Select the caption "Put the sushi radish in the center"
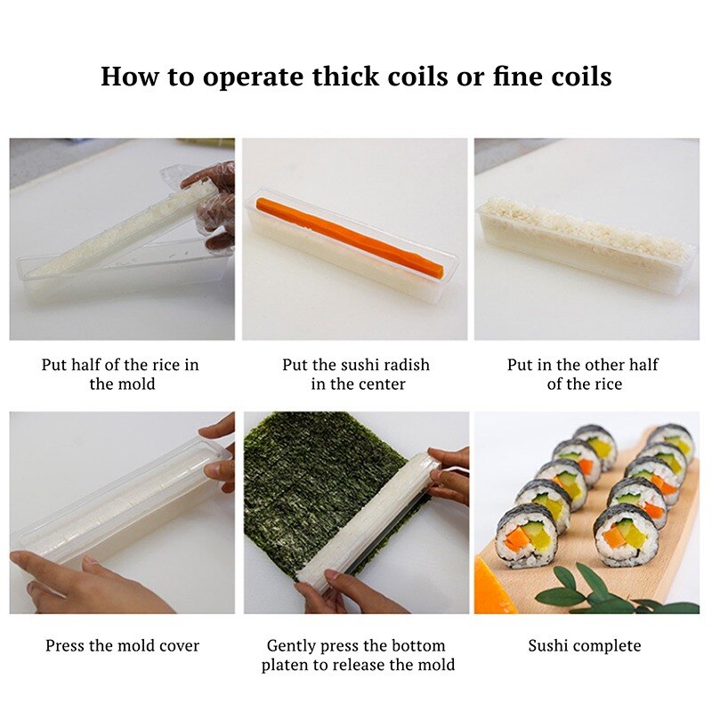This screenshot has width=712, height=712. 356,375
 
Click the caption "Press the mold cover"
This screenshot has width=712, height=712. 123,646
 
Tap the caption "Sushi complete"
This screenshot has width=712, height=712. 584,646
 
